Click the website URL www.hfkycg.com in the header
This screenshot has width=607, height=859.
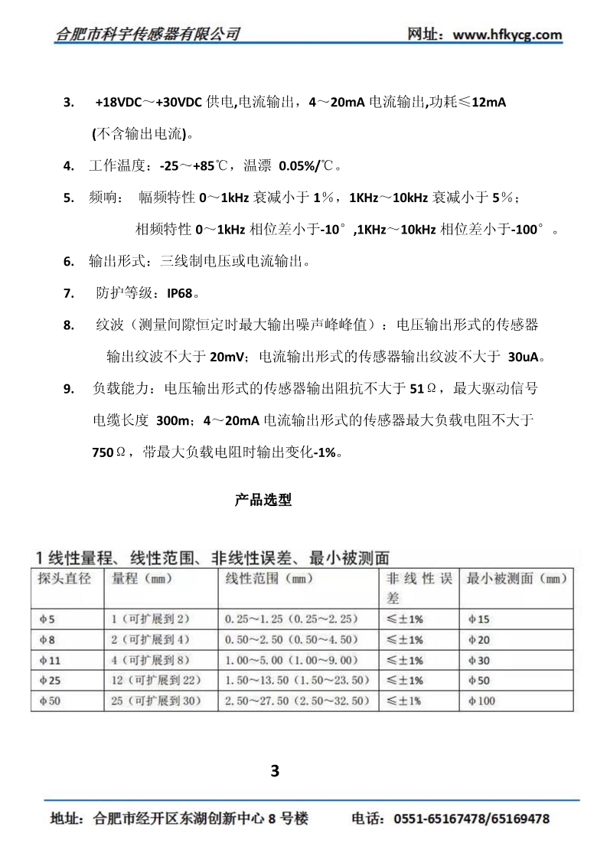click(507, 34)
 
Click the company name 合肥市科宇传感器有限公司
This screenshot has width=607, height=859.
click(148, 34)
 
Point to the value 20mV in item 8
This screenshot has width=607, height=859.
click(227, 356)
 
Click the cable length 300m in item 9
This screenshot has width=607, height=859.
click(173, 420)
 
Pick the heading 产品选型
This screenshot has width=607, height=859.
click(263, 501)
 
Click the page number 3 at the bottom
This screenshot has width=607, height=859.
click(276, 770)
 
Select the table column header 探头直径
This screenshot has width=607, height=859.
click(64, 579)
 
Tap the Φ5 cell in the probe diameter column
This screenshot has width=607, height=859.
click(45, 618)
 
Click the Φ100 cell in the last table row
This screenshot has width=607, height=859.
click(481, 701)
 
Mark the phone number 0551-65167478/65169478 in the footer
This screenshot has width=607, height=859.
click(472, 818)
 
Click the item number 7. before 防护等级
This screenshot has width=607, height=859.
click(69, 292)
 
